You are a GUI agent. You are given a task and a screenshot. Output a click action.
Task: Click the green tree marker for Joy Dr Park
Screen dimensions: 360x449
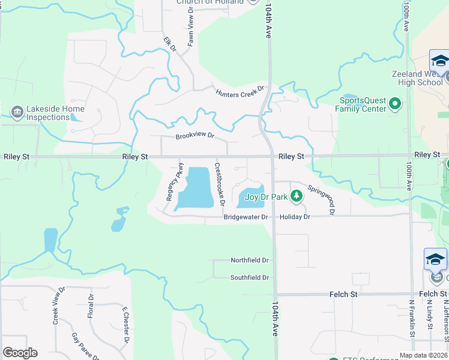296,196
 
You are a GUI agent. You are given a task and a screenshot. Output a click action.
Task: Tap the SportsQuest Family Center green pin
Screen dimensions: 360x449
395,104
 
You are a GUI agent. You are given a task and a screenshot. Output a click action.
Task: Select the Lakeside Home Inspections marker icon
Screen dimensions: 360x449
16,112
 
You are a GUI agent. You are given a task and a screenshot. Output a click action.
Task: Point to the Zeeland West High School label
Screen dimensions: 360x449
421,77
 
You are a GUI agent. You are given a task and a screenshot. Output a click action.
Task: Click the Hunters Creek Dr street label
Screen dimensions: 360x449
240,91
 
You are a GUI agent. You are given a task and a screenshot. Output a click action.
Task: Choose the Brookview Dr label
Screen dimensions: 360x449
195,136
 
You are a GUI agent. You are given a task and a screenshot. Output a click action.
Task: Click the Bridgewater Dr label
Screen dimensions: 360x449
245,217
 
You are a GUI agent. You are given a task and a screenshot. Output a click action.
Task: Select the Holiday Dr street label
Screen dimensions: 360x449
295,217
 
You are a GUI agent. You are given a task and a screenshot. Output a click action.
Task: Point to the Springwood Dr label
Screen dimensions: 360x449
321,199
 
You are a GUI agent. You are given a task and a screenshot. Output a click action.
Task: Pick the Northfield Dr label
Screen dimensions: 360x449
250,260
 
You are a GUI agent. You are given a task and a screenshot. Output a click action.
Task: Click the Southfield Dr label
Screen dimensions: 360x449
250,278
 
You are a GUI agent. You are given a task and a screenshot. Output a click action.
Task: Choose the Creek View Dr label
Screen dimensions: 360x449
59,305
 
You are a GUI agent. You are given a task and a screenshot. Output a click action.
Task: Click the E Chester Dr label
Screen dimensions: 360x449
125,325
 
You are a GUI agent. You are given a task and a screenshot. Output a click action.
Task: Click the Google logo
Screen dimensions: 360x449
20,353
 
